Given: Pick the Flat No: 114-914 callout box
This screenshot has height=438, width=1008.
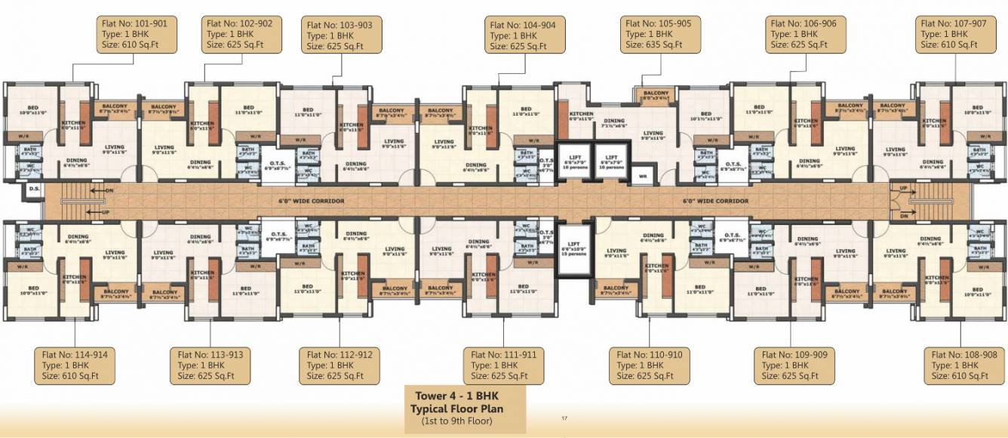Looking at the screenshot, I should (x=75, y=365).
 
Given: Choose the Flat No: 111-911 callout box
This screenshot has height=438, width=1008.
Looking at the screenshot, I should (x=504, y=365).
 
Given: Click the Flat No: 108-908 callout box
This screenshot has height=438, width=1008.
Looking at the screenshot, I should (x=963, y=365).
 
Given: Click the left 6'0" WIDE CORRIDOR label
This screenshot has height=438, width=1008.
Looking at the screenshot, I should (x=312, y=202).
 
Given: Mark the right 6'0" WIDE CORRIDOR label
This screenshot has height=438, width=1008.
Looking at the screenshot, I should (x=715, y=202).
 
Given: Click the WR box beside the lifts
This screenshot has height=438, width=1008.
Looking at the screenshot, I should (x=643, y=177).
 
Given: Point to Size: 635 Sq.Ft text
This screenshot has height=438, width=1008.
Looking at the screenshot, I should (x=653, y=45).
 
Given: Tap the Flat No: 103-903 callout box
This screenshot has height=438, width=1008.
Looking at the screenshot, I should (x=340, y=35).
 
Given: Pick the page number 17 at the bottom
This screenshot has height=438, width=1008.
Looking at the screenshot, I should (x=564, y=418).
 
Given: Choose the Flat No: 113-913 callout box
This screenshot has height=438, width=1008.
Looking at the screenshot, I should (x=211, y=365).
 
